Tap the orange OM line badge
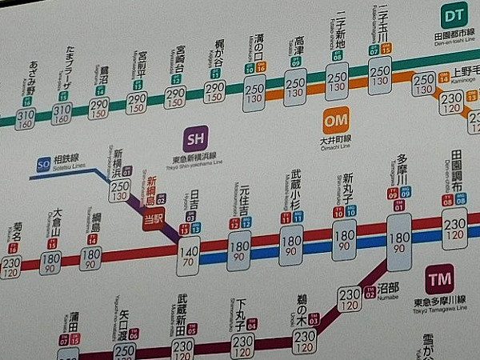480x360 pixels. [x=336, y=122]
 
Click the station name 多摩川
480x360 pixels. [x=401, y=169]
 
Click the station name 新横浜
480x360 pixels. [x=118, y=160]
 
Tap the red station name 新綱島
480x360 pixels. [x=150, y=191]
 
